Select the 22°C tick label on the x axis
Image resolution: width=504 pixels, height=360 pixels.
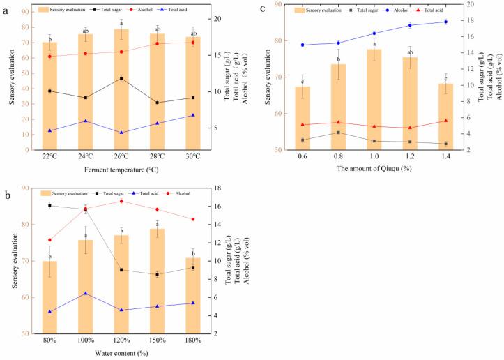point(49,156)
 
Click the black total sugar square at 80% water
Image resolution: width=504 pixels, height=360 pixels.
point(49,206)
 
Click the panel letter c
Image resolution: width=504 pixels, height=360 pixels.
point(262,8)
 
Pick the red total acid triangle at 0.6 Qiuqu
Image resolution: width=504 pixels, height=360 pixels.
point(302,124)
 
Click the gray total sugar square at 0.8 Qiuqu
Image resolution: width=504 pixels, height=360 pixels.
point(338,133)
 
